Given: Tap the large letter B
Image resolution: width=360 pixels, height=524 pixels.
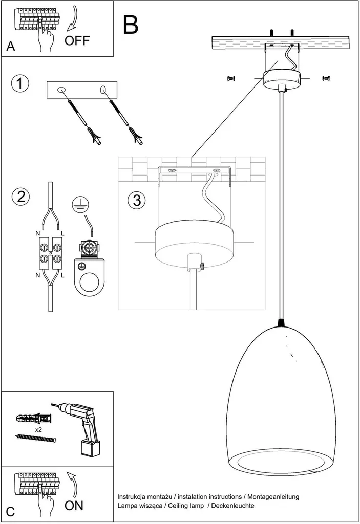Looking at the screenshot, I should click(x=131, y=24).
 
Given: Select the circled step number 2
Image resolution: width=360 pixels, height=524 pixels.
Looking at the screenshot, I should click(x=20, y=196).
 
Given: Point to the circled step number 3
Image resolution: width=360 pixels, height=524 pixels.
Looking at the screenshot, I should click(x=136, y=200).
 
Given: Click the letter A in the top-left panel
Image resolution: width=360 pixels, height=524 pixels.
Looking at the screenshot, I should click(x=11, y=47).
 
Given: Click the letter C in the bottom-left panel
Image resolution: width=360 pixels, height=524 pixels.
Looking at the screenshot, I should click(x=11, y=511).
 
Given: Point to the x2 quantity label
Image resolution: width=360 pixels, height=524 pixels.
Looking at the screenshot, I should click(x=39, y=430).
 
